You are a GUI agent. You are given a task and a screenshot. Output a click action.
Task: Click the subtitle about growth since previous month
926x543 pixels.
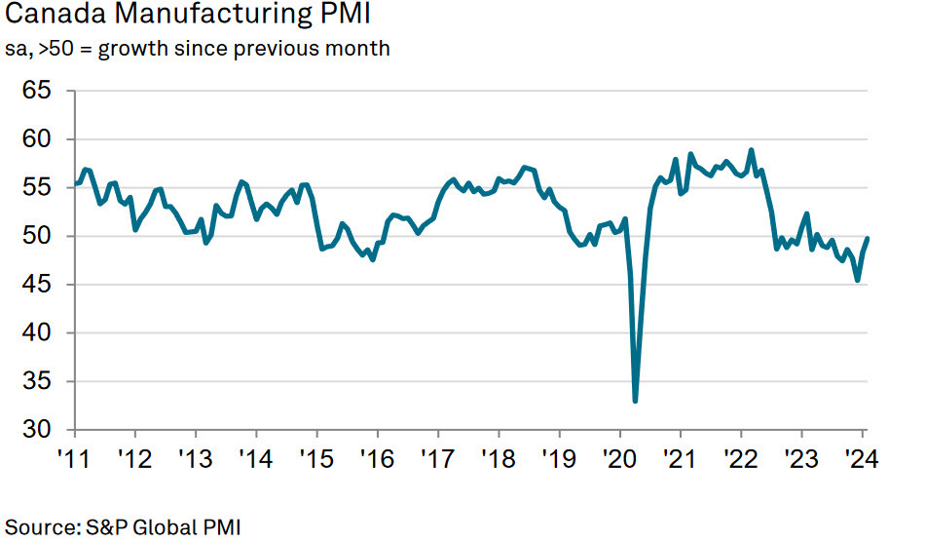click(x=198, y=48)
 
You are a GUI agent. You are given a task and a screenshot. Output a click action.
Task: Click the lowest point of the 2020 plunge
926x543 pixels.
click(x=636, y=401)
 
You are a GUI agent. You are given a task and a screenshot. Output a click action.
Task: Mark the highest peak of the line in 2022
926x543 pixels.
click(x=751, y=150)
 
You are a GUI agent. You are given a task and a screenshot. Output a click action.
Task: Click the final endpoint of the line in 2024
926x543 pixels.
click(x=868, y=239)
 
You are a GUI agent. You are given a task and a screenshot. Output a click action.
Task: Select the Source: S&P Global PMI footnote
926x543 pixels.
click(x=123, y=526)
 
